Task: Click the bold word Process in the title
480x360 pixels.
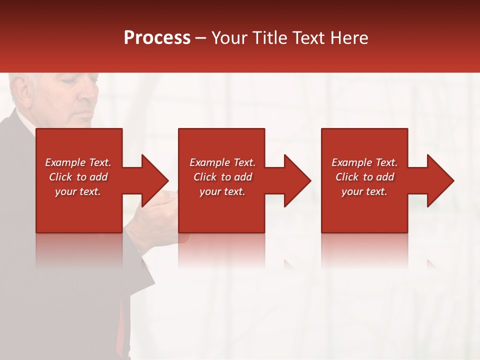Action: (x=157, y=38)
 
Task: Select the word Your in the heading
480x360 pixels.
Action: (x=230, y=38)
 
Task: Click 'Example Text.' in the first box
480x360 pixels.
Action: (x=78, y=162)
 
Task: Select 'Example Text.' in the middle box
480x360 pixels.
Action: (x=222, y=162)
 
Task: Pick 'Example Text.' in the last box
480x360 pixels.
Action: (x=364, y=162)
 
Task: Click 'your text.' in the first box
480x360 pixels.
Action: (x=78, y=191)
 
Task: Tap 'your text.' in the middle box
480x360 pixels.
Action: (x=222, y=191)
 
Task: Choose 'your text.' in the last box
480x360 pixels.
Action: (x=364, y=191)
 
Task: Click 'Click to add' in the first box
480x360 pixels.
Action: (x=78, y=177)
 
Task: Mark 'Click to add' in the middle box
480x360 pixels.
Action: (x=222, y=177)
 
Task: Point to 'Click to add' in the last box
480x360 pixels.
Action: (x=364, y=177)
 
